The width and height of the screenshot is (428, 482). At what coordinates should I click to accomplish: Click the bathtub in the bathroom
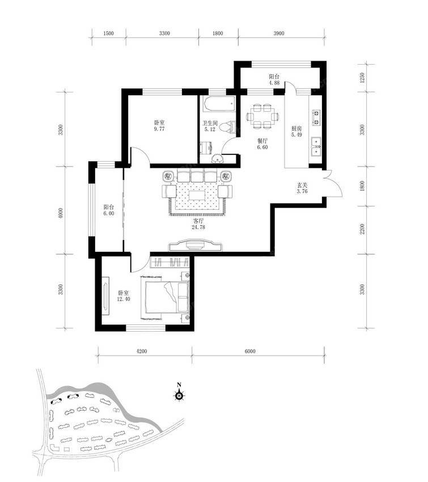click(219, 104)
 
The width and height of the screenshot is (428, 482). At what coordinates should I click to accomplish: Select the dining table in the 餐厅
click(262, 116)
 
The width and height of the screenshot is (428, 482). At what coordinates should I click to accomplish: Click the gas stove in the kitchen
click(316, 118)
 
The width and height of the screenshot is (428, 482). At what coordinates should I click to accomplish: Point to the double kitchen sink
click(316, 146)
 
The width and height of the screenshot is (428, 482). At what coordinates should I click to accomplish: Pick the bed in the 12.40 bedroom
click(167, 298)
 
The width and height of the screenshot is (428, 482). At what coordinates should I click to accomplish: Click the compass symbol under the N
click(179, 396)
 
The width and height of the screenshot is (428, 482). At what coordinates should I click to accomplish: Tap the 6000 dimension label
click(250, 351)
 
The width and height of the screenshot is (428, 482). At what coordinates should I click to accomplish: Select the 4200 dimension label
click(141, 351)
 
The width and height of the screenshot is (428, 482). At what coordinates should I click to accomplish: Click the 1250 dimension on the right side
click(362, 78)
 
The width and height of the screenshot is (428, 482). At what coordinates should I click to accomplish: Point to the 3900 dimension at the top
click(279, 33)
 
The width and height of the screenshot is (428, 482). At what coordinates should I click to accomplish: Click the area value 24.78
click(198, 227)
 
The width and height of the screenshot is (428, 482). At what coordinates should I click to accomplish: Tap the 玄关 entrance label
click(302, 185)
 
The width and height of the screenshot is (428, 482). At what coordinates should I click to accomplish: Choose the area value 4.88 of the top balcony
click(274, 83)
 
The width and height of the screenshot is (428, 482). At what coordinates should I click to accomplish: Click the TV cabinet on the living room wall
click(195, 245)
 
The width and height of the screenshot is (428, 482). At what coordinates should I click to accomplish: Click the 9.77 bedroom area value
click(159, 129)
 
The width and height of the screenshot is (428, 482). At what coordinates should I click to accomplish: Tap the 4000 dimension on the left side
click(61, 213)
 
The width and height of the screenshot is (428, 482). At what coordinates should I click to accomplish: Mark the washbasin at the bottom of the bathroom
click(218, 158)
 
